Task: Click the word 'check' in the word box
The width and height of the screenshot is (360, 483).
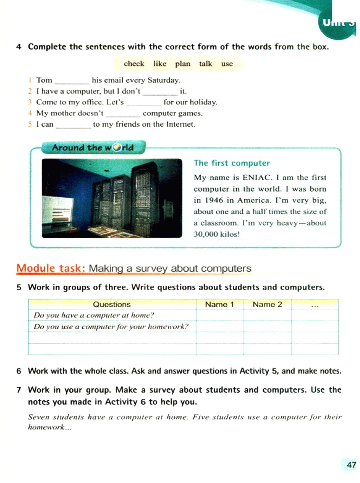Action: click(x=134, y=64)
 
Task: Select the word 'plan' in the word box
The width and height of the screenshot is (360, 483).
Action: click(x=182, y=64)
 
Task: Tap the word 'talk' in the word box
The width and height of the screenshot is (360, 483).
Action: click(x=205, y=64)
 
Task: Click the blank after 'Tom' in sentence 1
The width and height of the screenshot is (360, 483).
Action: click(x=72, y=81)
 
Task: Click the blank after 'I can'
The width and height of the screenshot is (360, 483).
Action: click(x=73, y=125)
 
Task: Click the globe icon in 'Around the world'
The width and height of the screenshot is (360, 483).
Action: click(x=117, y=148)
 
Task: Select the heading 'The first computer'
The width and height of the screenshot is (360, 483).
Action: click(x=232, y=163)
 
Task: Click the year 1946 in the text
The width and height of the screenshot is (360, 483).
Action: click(x=214, y=201)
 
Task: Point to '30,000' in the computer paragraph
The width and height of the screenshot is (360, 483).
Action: click(x=206, y=234)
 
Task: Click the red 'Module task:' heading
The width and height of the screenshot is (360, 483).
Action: click(x=51, y=268)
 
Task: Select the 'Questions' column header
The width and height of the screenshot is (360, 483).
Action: click(x=111, y=304)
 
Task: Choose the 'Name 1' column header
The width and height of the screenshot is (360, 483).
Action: click(x=219, y=304)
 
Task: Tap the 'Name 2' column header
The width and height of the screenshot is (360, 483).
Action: click(x=267, y=304)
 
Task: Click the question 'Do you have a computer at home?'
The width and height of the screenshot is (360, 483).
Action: click(x=94, y=315)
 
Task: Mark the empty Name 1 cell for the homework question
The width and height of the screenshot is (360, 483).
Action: click(x=220, y=326)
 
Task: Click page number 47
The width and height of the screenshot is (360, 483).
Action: click(x=351, y=465)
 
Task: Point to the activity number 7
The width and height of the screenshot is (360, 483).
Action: click(x=19, y=390)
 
